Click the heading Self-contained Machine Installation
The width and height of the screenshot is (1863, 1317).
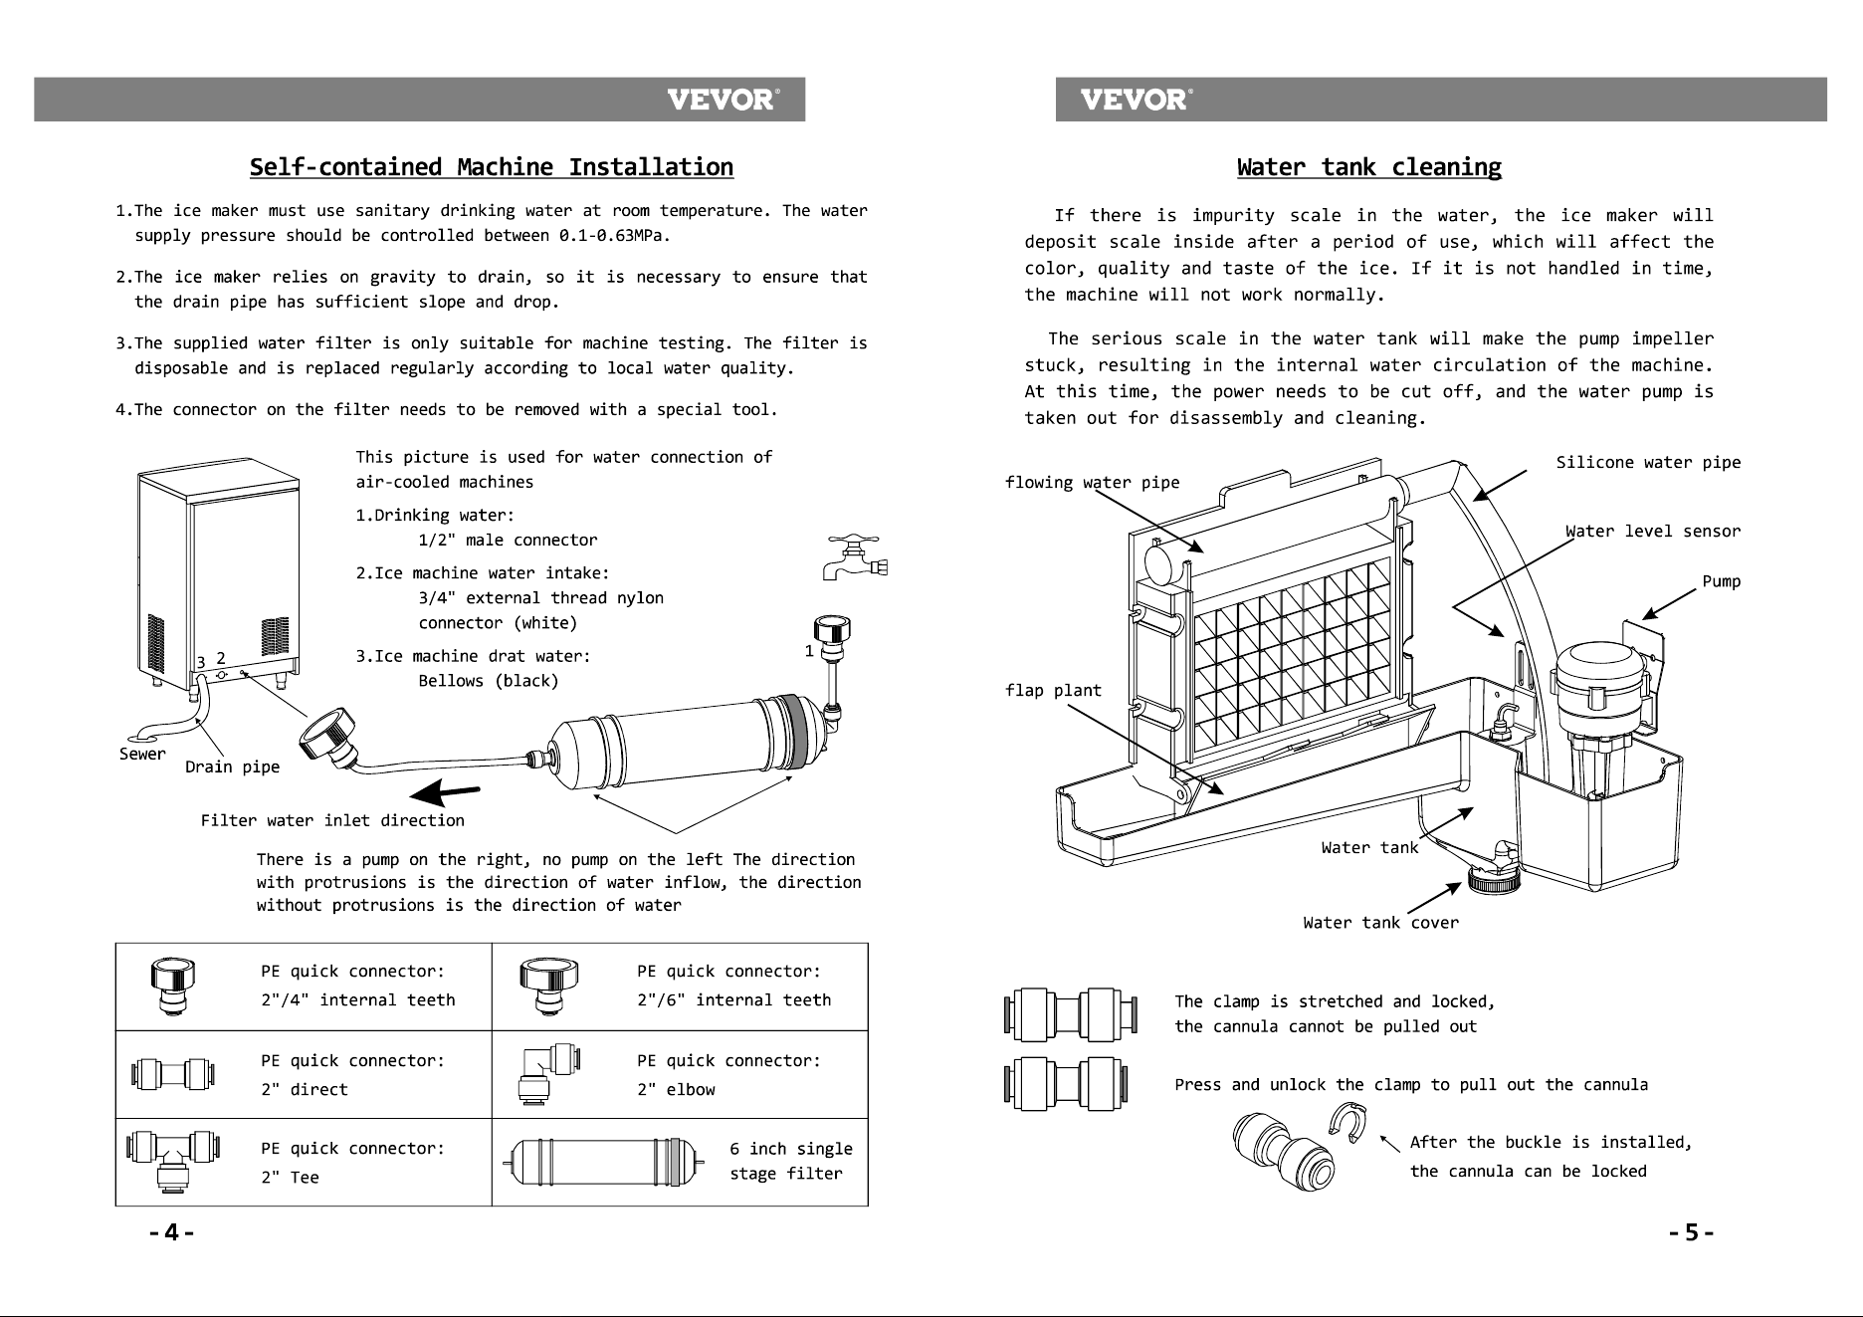click(492, 167)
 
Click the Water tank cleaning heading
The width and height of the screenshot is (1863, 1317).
click(1369, 167)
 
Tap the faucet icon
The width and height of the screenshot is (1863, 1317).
click(855, 558)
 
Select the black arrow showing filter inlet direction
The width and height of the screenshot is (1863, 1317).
click(445, 793)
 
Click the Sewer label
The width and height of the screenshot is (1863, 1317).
click(142, 754)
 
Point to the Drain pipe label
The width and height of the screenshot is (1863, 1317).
click(233, 767)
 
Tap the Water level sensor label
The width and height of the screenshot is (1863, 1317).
click(1653, 531)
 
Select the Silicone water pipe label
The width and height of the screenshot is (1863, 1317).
click(1649, 462)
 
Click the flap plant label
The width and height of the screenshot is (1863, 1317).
click(1054, 690)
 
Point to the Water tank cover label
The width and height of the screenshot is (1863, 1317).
click(1381, 923)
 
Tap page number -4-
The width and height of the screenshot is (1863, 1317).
click(171, 1233)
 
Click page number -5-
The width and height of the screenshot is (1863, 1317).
click(1692, 1233)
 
